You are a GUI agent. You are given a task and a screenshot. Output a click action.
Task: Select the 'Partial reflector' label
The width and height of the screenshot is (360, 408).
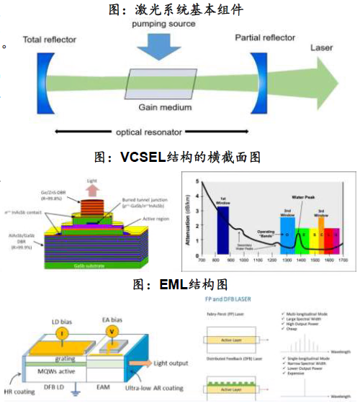pyautogui.click(x=264, y=37)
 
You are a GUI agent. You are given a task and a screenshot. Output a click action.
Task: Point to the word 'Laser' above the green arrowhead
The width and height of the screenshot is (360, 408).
pyautogui.click(x=321, y=47)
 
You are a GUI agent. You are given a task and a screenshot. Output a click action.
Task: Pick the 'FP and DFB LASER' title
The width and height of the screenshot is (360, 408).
pyautogui.click(x=230, y=297)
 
